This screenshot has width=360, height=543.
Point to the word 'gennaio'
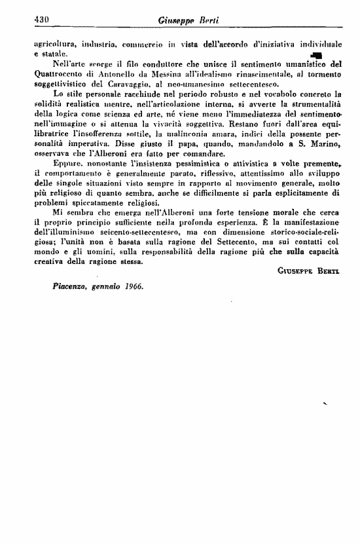click(x=104, y=287)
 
